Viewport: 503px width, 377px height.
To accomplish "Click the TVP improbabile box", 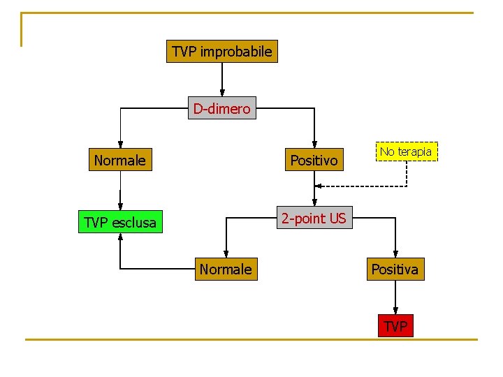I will point(222,52).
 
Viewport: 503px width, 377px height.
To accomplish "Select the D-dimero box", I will point(222,108).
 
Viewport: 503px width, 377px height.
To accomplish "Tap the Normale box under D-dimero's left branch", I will point(119,161).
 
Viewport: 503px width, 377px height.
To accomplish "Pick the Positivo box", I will point(314,161).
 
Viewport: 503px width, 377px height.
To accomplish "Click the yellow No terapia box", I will point(406,151).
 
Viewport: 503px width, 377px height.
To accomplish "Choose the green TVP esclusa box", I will point(119,223).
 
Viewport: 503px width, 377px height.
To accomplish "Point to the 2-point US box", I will point(313,219).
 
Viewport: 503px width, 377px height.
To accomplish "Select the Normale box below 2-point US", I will point(226,269).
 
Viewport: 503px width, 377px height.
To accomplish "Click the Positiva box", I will point(395,269).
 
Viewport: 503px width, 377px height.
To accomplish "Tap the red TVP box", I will point(395,325).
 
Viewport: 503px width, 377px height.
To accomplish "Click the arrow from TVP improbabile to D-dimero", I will point(222,79).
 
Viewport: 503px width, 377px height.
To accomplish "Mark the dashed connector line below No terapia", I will point(407,175).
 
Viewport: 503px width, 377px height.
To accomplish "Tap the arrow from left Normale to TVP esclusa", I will point(119,191).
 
